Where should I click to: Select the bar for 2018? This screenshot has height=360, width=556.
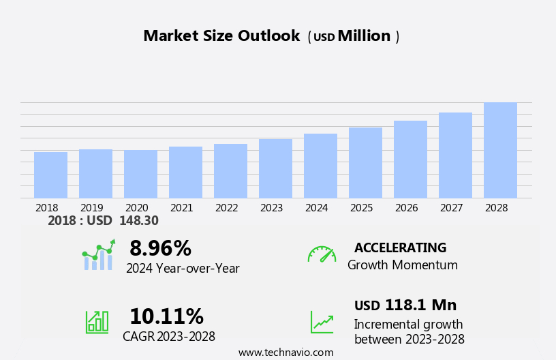(x=50, y=175)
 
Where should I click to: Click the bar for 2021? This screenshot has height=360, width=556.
(x=185, y=172)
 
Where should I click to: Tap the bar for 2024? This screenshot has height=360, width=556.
(x=320, y=166)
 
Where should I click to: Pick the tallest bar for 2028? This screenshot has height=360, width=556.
(x=500, y=150)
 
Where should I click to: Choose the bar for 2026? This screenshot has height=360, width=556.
(x=410, y=160)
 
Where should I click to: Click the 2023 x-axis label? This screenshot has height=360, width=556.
(x=271, y=208)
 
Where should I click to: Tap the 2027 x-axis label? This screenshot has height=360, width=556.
(x=451, y=208)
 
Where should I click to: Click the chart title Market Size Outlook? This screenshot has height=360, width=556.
(x=221, y=36)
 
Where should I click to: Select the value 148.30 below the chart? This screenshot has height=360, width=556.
(x=138, y=221)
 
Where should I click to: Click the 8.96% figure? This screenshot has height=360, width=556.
(x=160, y=248)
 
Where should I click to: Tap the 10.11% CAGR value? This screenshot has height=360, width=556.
(x=166, y=316)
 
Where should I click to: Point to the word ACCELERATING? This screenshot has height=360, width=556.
(x=400, y=248)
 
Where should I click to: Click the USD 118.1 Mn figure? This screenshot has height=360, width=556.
(x=405, y=305)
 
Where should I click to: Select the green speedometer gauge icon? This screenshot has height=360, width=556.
(x=322, y=254)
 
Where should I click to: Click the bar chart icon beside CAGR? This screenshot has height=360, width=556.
(x=97, y=322)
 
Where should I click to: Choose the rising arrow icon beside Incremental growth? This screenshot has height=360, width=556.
(x=322, y=322)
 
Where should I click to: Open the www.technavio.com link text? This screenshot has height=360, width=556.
(x=285, y=352)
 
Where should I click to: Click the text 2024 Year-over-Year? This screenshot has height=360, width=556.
(x=183, y=269)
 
